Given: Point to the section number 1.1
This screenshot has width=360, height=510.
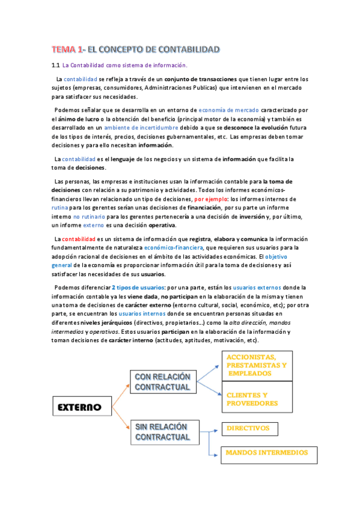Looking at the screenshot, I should [55, 65].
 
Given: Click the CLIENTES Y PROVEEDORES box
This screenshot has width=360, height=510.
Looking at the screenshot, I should [257, 399].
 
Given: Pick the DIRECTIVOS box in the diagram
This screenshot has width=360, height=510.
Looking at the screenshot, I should [249, 429].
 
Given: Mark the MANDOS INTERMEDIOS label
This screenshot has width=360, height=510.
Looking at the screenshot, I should [266, 452].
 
